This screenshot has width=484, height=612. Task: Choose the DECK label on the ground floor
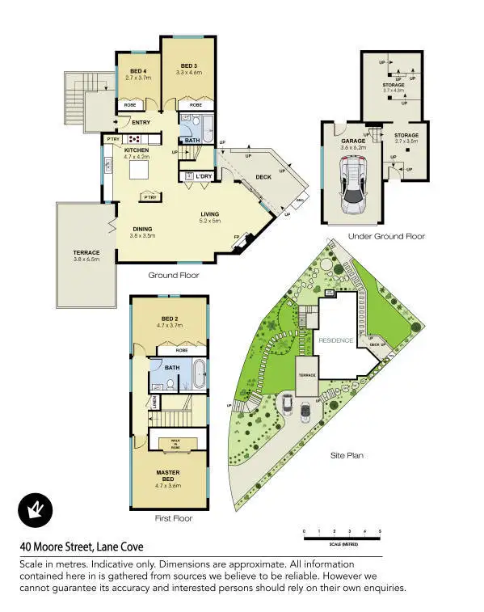[x=263, y=176]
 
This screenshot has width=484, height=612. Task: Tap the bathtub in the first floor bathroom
[x=200, y=376]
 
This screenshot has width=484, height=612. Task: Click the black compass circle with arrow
[x=34, y=510]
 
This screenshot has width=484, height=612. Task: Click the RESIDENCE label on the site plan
[x=335, y=340]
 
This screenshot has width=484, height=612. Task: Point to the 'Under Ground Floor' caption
[x=385, y=236]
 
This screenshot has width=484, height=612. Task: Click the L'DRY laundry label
[x=203, y=175]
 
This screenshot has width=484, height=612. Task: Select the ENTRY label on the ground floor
[x=141, y=123]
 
